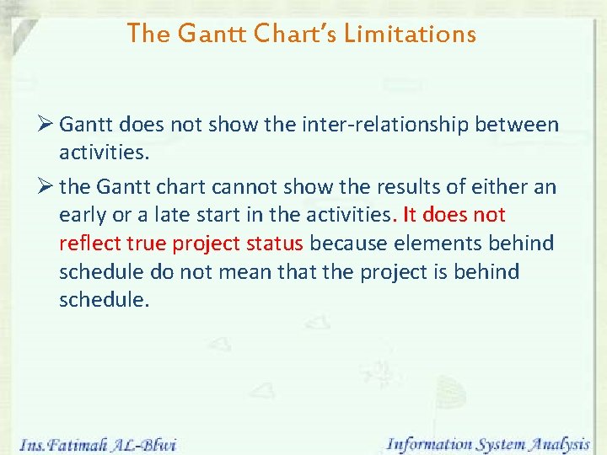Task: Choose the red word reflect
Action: pos(89,244)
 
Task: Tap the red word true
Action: pos(147,244)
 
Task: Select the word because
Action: pos(347,244)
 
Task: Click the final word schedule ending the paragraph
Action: pos(104,301)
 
